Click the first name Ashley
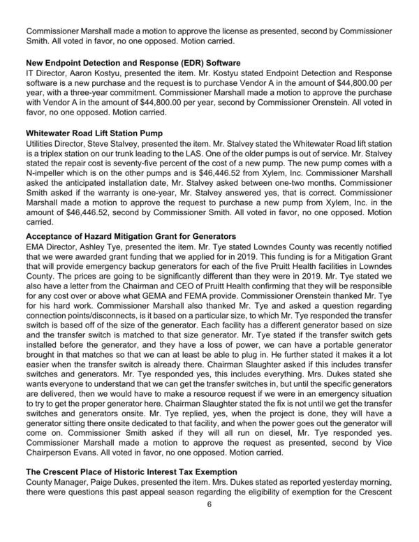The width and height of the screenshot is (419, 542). (92, 249)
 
